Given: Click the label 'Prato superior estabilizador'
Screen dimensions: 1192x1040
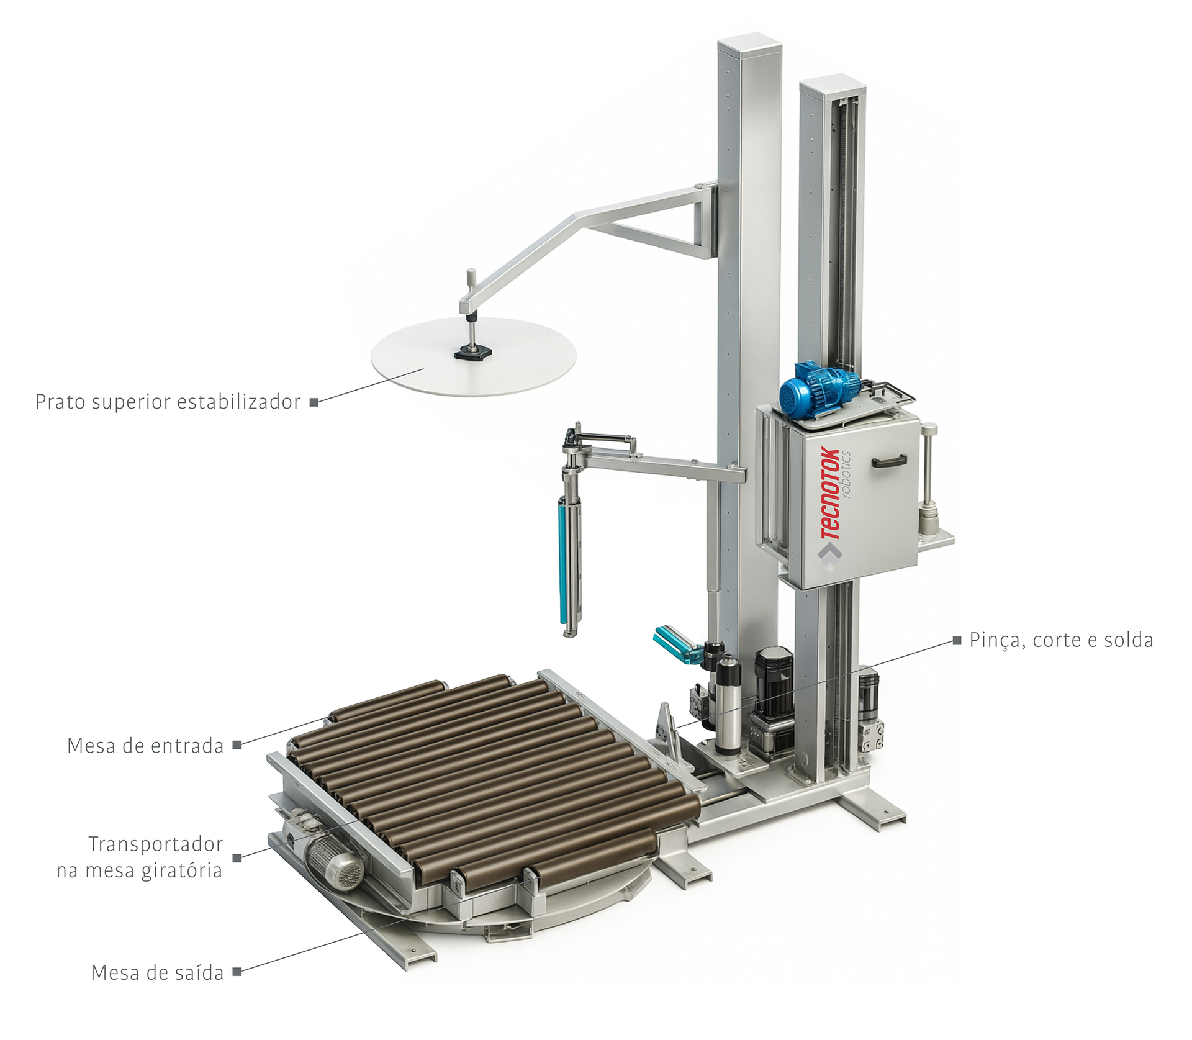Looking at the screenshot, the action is pyautogui.click(x=168, y=402).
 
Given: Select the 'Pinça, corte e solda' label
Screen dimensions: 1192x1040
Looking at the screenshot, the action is pyautogui.click(x=1061, y=640).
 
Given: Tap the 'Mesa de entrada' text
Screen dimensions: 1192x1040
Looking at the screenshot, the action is pyautogui.click(x=145, y=746).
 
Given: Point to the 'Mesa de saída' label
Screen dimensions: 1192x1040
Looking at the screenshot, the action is pyautogui.click(x=157, y=973).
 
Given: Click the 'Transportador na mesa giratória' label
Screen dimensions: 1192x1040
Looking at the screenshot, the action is pyautogui.click(x=140, y=857).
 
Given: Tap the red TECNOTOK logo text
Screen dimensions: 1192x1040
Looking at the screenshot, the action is pyautogui.click(x=830, y=494).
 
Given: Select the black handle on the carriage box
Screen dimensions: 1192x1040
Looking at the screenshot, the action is pyautogui.click(x=889, y=461).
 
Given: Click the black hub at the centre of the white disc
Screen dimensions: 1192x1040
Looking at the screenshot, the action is pyautogui.click(x=473, y=353).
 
